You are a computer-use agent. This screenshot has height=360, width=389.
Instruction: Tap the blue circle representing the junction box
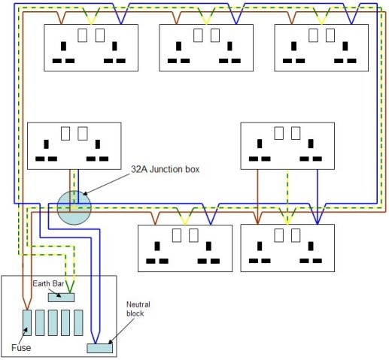[x=74, y=208]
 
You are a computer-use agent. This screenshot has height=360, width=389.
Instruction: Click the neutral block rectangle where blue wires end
[x=99, y=347]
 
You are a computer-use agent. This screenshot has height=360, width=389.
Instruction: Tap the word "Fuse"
[x=22, y=347]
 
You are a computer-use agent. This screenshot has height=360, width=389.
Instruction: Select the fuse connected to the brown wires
[x=27, y=322]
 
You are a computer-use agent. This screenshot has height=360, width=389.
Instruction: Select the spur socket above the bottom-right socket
[x=285, y=144]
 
